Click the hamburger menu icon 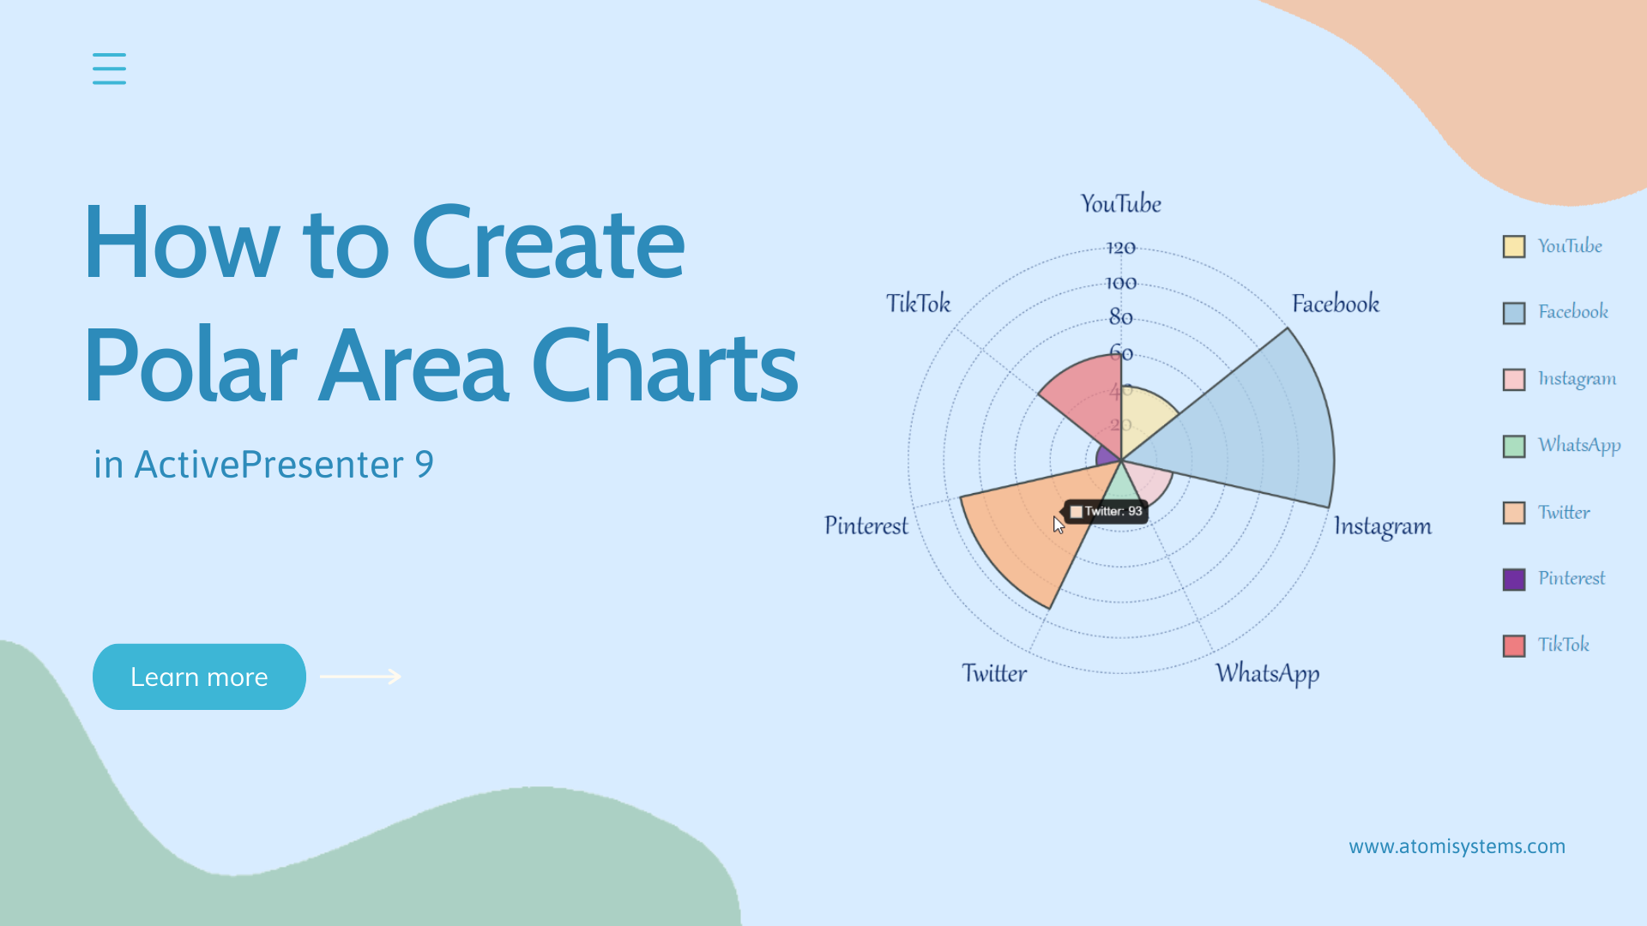point(109,69)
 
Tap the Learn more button point(199,676)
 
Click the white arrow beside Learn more point(360,676)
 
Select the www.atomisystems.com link point(1457,846)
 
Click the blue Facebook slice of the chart point(1252,429)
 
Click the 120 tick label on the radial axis point(1120,248)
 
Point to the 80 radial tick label point(1120,317)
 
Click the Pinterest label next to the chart point(866,526)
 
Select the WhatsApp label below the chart point(1267,674)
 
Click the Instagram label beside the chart point(1382,526)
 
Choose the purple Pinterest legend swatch point(1514,579)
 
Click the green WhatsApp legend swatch point(1514,446)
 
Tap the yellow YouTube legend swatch point(1514,246)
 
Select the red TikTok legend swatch point(1514,645)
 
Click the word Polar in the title point(190,366)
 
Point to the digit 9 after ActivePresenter point(424,465)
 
